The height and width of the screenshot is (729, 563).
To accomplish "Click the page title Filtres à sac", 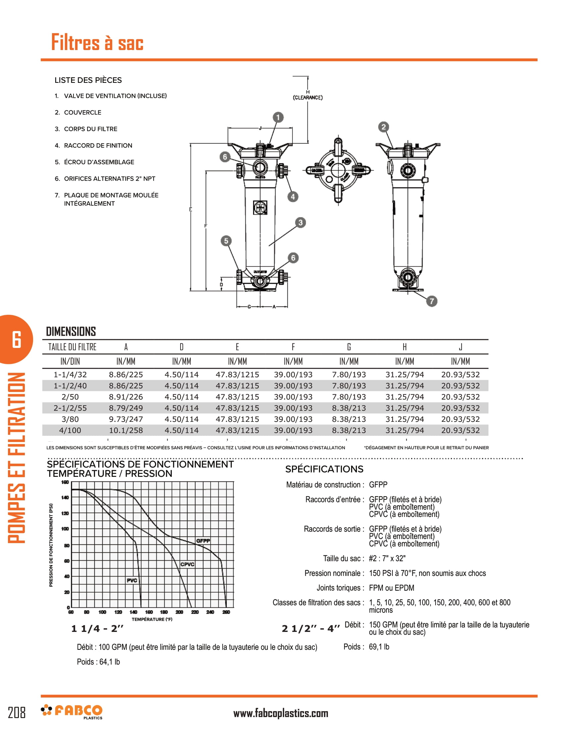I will pyautogui.click(x=97, y=43).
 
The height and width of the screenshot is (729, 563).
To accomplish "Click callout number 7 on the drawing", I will pyautogui.click(x=432, y=301).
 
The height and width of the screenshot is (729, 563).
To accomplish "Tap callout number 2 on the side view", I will pyautogui.click(x=384, y=127).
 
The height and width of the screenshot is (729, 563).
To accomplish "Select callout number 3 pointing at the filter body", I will pyautogui.click(x=300, y=223).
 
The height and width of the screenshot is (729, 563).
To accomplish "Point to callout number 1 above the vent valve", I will pyautogui.click(x=278, y=117).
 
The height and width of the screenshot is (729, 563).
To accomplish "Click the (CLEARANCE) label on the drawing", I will pyautogui.click(x=308, y=97).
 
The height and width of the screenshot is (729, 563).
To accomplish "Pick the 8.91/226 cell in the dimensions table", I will pyautogui.click(x=126, y=397).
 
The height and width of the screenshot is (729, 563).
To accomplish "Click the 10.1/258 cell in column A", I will pyautogui.click(x=126, y=430).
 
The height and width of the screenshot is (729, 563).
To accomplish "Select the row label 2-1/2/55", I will pyautogui.click(x=70, y=408).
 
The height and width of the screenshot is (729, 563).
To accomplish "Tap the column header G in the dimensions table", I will pyautogui.click(x=349, y=347).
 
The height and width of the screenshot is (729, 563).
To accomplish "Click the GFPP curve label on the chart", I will pyautogui.click(x=203, y=540).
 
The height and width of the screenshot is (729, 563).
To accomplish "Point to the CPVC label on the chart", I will pyautogui.click(x=187, y=564).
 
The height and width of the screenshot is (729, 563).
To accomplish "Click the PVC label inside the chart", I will pyautogui.click(x=132, y=581).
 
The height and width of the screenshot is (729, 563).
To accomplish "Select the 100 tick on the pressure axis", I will pyautogui.click(x=65, y=529).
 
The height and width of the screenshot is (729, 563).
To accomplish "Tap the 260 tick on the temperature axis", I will pyautogui.click(x=226, y=612).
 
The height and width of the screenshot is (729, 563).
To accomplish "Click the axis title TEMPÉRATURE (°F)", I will pyautogui.click(x=152, y=619).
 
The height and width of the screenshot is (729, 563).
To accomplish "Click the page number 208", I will pyautogui.click(x=17, y=713).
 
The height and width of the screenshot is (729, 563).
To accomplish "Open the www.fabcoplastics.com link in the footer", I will pyautogui.click(x=281, y=713).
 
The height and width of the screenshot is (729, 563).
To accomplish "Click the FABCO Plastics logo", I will pyautogui.click(x=72, y=712).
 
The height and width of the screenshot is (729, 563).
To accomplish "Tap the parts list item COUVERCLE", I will pyautogui.click(x=82, y=112).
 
